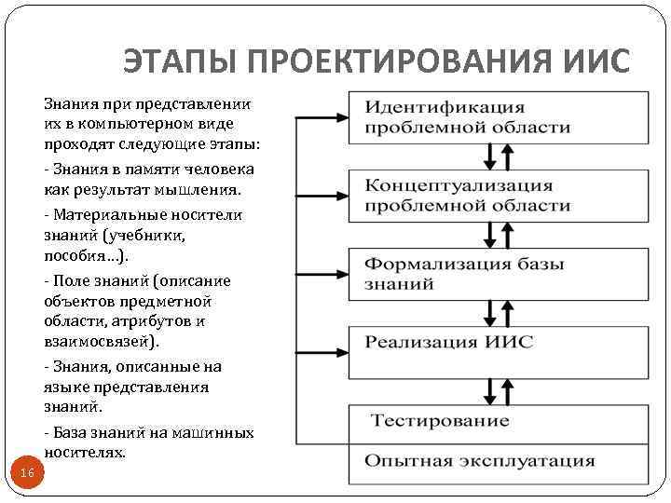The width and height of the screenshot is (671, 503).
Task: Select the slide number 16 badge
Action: [27, 474]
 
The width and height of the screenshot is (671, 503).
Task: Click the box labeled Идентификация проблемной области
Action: [499, 117]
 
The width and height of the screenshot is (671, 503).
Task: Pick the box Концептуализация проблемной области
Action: [499, 196]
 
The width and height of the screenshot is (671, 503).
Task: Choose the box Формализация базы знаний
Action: [499, 274]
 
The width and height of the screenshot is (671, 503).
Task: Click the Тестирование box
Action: [499, 421]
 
